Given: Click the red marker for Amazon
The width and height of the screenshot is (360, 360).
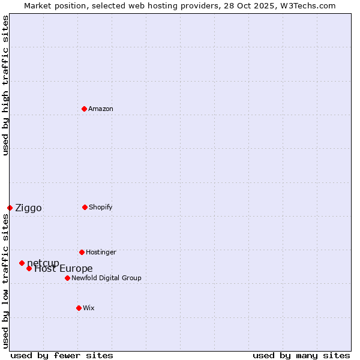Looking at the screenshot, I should pos(84,109).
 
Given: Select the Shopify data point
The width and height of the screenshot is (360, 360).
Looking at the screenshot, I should pos(85,207).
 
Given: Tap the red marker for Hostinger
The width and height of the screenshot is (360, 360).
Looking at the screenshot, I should pos(82,252).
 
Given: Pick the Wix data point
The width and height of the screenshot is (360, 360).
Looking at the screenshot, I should pos(79,308).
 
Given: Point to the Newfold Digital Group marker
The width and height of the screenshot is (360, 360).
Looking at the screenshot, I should pos(67,278).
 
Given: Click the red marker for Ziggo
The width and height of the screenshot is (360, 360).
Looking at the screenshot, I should pos(10,208).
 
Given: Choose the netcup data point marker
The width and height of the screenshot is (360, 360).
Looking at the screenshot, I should pos(22,263).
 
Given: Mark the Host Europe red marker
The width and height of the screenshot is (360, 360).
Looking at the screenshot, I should pos(29,268).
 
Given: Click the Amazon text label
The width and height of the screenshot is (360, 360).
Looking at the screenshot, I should pos(101,109).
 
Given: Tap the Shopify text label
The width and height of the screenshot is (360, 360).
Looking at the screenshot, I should pos(101,207).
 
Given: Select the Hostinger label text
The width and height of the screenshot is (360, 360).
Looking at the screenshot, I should pos(101,252).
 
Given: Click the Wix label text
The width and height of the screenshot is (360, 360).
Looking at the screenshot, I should pos(89,308).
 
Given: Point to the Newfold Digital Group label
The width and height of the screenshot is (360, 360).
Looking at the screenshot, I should pos(106,278).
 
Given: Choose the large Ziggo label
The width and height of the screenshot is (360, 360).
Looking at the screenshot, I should pos(28,208).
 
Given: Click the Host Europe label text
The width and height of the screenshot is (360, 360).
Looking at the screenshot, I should pos(64,269).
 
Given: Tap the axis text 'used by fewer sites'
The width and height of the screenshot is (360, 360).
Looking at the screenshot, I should pos(62,355).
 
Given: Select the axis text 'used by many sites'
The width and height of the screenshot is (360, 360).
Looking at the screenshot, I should pos(301,355).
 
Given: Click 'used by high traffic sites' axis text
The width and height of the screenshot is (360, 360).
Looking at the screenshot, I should pos(5,86).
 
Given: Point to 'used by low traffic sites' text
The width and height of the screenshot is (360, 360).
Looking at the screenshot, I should pos(5,281).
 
